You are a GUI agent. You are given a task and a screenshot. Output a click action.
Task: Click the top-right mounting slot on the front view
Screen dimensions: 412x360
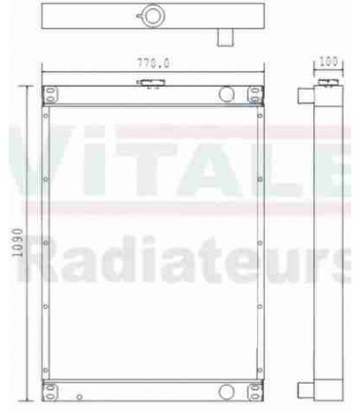(255, 93)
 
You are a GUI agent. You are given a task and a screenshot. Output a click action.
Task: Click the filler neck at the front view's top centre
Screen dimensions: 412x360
(148, 86)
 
